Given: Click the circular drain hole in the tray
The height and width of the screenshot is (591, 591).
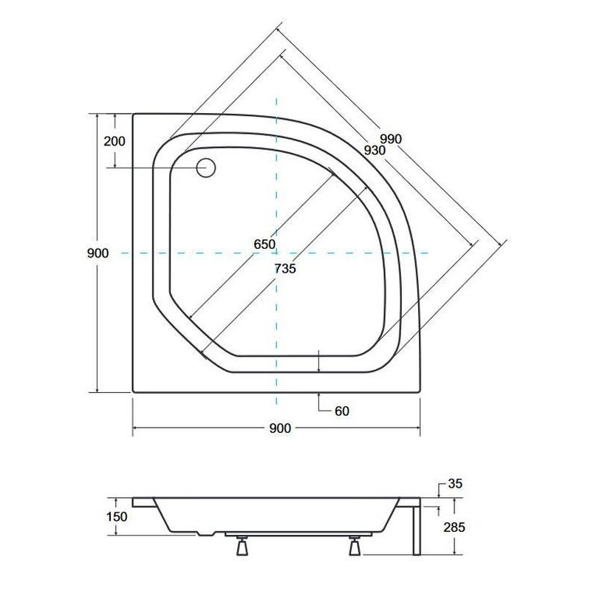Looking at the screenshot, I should click(x=206, y=168).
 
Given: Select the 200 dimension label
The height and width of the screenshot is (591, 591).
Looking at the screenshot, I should click(x=115, y=141).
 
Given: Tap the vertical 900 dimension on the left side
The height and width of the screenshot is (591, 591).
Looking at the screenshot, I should click(x=98, y=253).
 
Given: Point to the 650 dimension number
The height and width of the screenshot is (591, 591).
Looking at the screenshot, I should click(x=264, y=245).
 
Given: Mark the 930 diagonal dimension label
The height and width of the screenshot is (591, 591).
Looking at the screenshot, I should click(x=375, y=150).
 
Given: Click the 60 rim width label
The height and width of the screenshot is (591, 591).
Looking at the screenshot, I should click(x=341, y=411).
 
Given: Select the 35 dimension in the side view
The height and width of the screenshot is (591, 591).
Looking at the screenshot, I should click(x=454, y=485).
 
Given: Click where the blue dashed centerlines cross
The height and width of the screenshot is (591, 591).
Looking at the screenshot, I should click(x=277, y=253).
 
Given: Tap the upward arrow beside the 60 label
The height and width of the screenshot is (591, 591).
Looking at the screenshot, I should click(x=318, y=400).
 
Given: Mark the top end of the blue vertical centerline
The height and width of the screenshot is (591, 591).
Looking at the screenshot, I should click(x=277, y=98).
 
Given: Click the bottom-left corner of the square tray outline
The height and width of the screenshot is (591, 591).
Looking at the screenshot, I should click(x=133, y=392).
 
